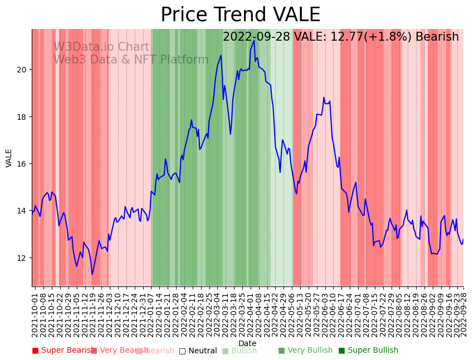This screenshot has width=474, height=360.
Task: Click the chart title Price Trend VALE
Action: tap(240, 15)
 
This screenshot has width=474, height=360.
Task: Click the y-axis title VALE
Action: tap(9, 158)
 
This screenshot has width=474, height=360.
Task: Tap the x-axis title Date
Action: tap(247, 343)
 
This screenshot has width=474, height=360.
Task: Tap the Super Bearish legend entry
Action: tap(63, 351)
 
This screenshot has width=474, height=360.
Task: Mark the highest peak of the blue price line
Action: tap(254, 40)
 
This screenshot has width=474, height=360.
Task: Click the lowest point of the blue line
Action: tap(92, 274)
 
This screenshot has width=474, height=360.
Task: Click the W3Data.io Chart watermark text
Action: tap(101, 47)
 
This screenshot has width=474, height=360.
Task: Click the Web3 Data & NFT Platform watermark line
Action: tap(131, 60)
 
